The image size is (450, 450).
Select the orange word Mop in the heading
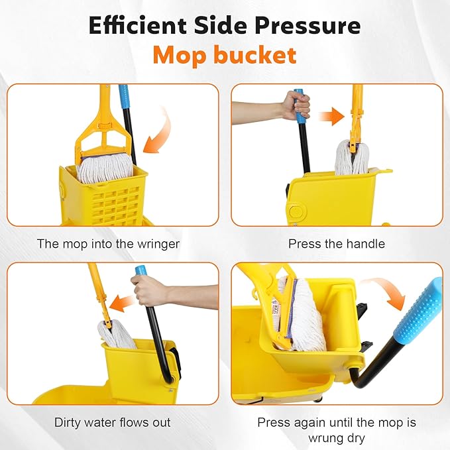(x=178, y=55)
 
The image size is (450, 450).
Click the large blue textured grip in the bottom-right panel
(x=424, y=311)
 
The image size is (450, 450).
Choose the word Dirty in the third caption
(x=68, y=422)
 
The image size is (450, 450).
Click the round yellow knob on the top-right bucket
(x=296, y=211)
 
